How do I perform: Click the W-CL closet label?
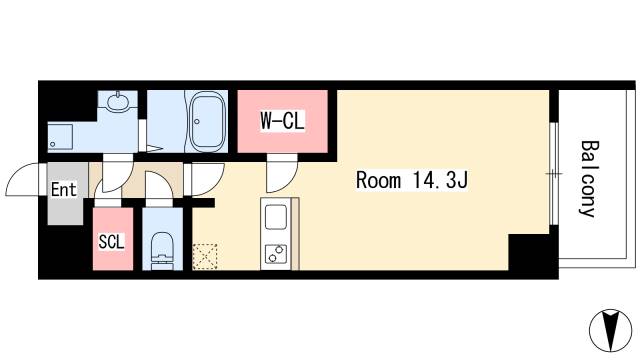282,120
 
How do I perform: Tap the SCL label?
111,242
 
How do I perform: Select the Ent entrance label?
64,190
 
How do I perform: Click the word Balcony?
589,178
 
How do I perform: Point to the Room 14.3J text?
412,180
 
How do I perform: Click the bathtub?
208,121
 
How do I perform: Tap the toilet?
162,250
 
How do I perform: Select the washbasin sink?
118,101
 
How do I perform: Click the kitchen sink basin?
276,217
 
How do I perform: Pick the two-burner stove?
276,254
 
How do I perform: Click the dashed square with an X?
204,256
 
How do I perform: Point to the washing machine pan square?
60,137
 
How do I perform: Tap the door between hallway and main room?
208,179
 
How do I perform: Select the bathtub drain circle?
197,122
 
